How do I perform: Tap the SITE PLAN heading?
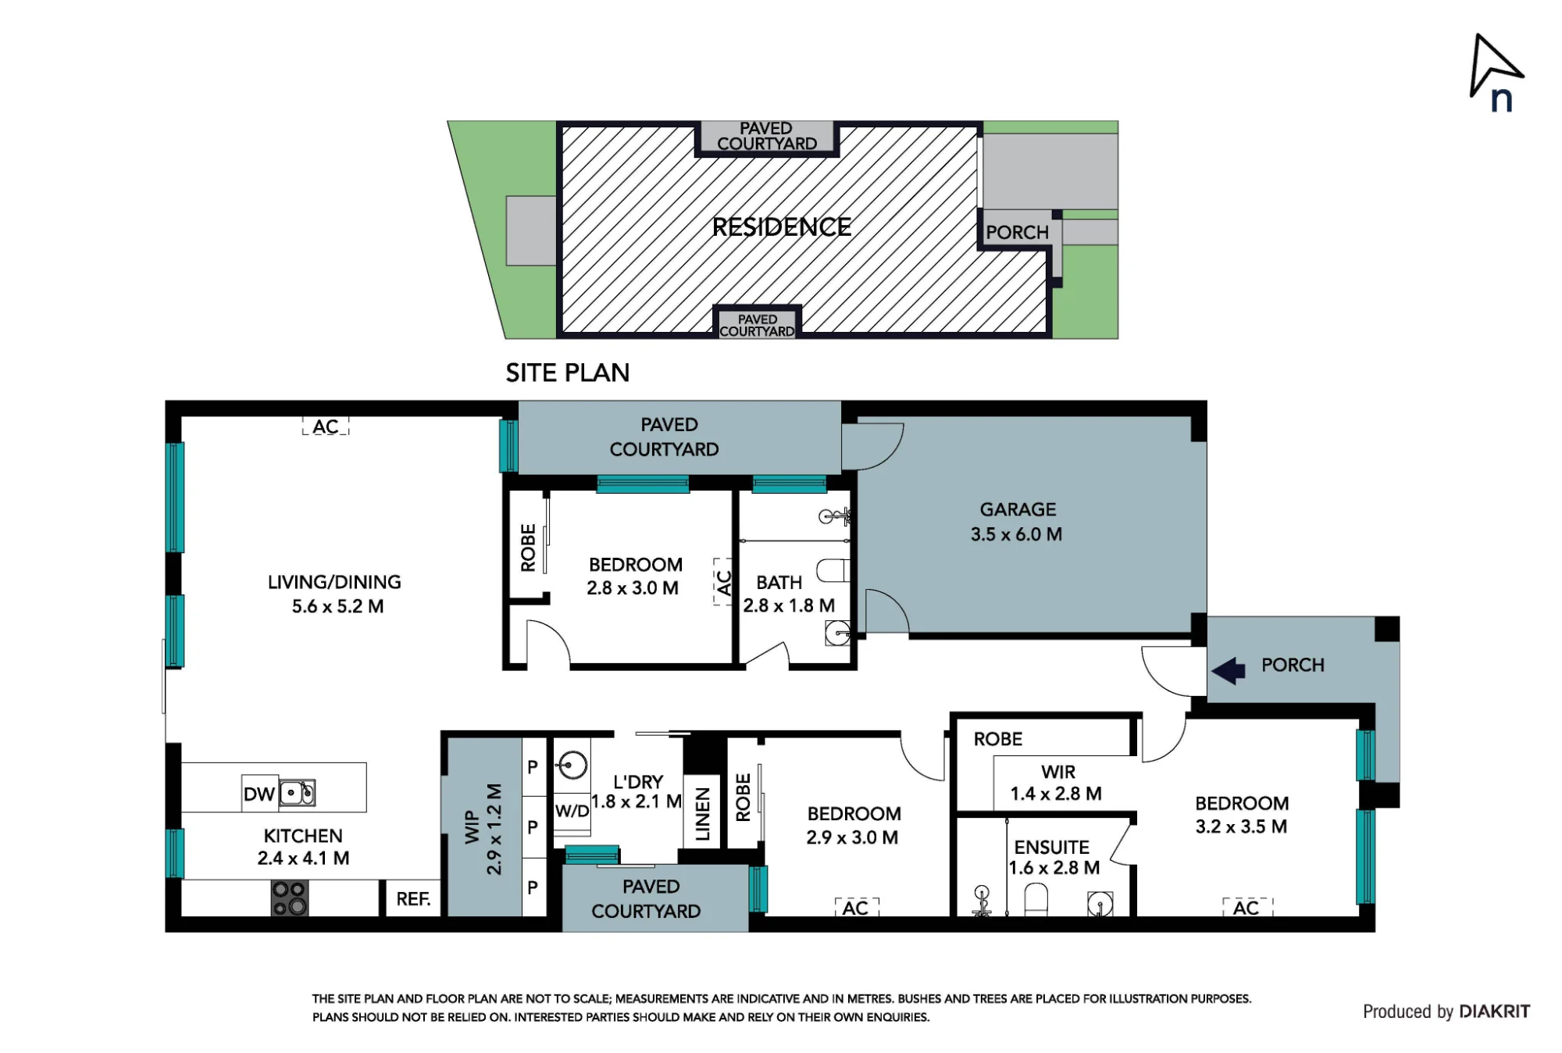tap(568, 373)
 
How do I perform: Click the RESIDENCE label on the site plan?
tap(782, 227)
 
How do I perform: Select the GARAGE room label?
tap(1018, 509)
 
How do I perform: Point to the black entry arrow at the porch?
tap(1229, 671)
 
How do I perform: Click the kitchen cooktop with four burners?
tap(289, 898)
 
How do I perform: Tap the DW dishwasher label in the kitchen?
tap(259, 794)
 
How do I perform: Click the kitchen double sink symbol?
tap(298, 793)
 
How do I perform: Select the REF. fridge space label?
tap(413, 899)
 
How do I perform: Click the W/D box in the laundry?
tap(572, 811)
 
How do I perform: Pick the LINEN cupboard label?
tap(703, 814)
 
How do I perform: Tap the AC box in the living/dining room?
tap(326, 427)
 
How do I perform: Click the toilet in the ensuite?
tap(1036, 899)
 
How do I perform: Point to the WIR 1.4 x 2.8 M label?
tap(1057, 783)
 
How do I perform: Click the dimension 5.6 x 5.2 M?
tap(337, 607)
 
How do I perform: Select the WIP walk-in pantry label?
tap(472, 827)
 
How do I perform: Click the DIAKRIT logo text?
tap(1494, 1012)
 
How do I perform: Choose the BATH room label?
tap(779, 583)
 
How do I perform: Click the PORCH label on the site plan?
tap(1017, 233)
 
